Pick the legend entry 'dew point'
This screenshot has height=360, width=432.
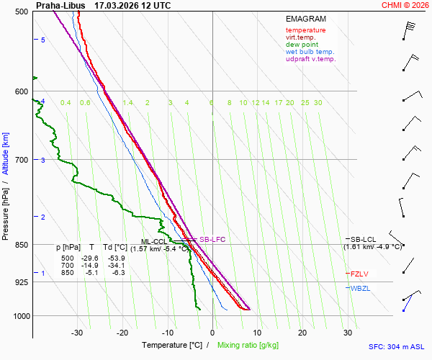tap(302, 45)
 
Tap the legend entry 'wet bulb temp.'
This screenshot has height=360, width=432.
tap(310, 52)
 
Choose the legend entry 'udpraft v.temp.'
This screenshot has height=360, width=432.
tap(310, 59)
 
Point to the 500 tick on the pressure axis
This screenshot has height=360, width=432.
tap(21, 12)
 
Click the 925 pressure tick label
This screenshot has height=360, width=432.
tap(21, 282)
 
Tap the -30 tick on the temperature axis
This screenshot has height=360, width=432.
tap(78, 333)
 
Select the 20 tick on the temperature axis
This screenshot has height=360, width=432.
tap(302, 333)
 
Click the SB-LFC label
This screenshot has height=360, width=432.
tap(212, 239)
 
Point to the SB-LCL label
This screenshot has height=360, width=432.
tap(364, 239)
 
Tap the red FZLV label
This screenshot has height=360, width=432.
tap(359, 274)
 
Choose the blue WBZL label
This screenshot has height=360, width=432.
tap(359, 289)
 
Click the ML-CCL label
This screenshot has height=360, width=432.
tap(153, 242)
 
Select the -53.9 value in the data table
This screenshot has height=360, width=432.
tap(116, 258)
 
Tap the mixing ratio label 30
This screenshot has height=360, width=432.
tap(318, 103)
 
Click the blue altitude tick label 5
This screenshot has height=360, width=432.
tap(43, 40)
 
